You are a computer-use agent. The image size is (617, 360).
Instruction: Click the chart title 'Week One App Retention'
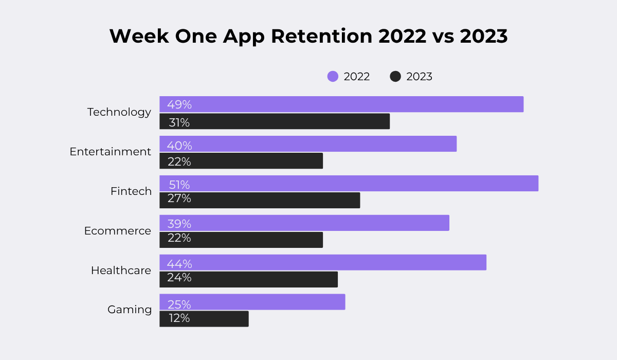pyautogui.click(x=308, y=37)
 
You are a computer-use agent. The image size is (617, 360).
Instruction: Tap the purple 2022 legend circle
pyautogui.click(x=333, y=77)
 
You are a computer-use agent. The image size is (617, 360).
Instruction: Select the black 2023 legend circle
pyautogui.click(x=395, y=77)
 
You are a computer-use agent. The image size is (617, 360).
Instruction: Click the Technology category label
pyautogui.click(x=119, y=112)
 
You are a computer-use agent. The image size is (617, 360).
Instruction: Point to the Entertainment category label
pyautogui.click(x=111, y=152)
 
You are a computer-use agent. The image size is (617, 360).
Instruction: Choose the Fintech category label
pyautogui.click(x=131, y=191)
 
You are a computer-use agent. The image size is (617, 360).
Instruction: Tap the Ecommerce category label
pyautogui.click(x=118, y=231)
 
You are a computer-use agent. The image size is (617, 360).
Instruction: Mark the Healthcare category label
pyautogui.click(x=121, y=271)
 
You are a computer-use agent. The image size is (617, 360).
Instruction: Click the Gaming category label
pyautogui.click(x=130, y=310)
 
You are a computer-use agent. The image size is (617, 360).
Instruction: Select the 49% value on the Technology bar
pyautogui.click(x=179, y=105)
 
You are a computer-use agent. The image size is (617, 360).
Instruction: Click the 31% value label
pyautogui.click(x=179, y=122)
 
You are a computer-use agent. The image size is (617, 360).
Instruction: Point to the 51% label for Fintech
pyautogui.click(x=179, y=184)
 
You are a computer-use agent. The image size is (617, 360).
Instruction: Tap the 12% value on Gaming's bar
pyautogui.click(x=179, y=318)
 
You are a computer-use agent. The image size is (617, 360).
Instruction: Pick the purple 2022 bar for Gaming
pyautogui.click(x=252, y=302)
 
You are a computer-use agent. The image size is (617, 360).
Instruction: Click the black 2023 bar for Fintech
pyautogui.click(x=260, y=200)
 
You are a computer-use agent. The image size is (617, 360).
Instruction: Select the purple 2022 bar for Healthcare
pyautogui.click(x=323, y=262)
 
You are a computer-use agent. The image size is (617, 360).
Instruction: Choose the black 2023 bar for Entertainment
pyautogui.click(x=241, y=161)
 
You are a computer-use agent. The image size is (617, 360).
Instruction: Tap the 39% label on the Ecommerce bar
pyautogui.click(x=179, y=224)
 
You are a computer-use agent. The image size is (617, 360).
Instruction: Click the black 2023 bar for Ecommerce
pyautogui.click(x=241, y=240)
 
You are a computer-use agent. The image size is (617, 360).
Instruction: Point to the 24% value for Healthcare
pyautogui.click(x=179, y=278)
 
